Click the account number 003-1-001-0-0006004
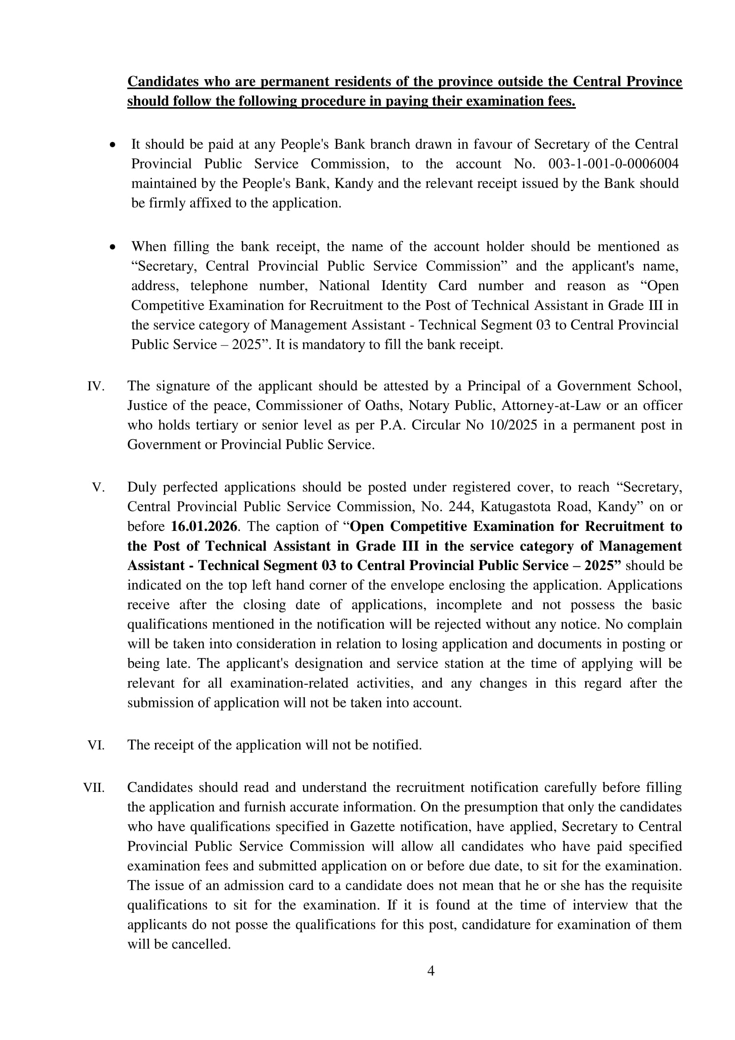pyautogui.click(x=613, y=164)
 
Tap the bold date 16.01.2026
pyautogui.click(x=204, y=526)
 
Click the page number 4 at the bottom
pyautogui.click(x=431, y=971)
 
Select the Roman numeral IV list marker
pyautogui.click(x=96, y=386)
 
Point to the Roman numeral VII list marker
pyautogui.click(x=94, y=788)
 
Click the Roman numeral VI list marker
pyautogui.click(x=96, y=745)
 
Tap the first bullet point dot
pyautogui.click(x=113, y=145)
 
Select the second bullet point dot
pyautogui.click(x=113, y=247)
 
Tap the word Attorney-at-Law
pyautogui.click(x=551, y=406)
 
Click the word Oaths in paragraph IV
pyautogui.click(x=384, y=406)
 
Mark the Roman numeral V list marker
pyautogui.click(x=98, y=487)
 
